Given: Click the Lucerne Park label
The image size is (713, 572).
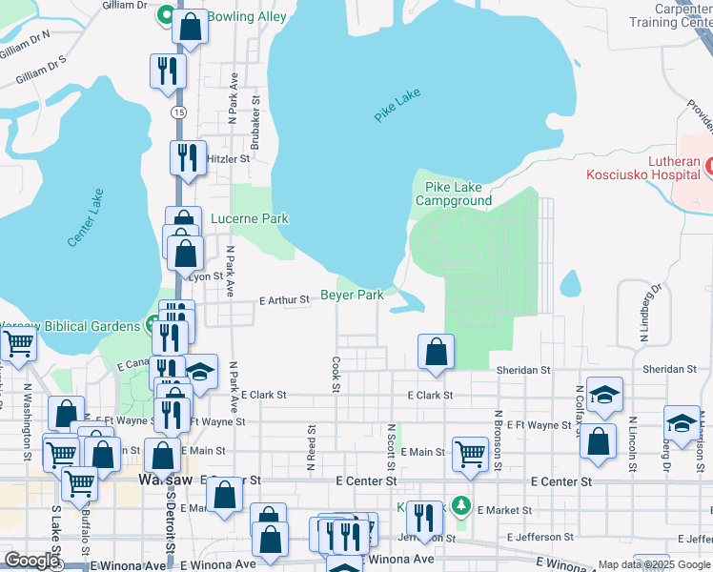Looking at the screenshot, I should click(x=249, y=218).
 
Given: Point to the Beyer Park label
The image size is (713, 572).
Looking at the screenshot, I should click(x=352, y=296).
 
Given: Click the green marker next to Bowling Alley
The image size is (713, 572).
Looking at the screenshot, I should click(x=165, y=15).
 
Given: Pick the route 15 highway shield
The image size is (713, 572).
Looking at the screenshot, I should click(x=178, y=112).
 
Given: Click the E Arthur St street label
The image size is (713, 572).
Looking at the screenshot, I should click(x=284, y=299).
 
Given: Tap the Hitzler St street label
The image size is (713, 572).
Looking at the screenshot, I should click(x=227, y=159).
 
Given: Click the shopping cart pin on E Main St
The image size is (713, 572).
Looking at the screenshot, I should click(x=470, y=455).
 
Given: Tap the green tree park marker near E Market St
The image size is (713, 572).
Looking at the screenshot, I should click(x=461, y=503).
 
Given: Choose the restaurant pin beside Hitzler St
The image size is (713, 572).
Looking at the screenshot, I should click(x=188, y=157).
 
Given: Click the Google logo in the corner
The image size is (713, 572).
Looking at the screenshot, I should click(x=31, y=561).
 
